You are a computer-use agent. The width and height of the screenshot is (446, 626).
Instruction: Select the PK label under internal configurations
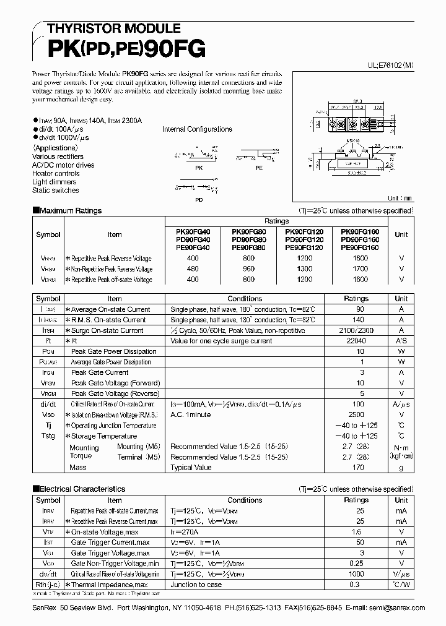click(199, 168)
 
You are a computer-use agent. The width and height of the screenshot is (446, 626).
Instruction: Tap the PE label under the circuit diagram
click(258, 168)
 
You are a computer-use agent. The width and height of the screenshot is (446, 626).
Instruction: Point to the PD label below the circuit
click(199, 200)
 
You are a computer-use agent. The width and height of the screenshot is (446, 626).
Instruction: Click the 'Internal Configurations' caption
click(197, 129)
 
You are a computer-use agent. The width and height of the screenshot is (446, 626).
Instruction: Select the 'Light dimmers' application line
click(55, 182)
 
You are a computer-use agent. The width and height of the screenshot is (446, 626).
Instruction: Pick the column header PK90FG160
click(360, 231)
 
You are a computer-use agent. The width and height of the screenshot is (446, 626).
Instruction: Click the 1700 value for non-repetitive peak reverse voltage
click(360, 269)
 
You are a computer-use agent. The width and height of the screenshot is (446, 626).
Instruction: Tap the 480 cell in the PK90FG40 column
click(194, 269)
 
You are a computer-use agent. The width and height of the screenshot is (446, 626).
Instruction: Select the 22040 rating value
click(356, 341)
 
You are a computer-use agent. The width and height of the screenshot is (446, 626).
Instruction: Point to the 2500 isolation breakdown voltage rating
click(356, 415)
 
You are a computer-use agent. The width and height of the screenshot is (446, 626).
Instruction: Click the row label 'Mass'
click(78, 468)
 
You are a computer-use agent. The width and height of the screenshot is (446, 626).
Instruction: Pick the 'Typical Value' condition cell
click(191, 468)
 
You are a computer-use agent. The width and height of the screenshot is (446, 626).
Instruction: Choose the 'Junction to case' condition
click(196, 585)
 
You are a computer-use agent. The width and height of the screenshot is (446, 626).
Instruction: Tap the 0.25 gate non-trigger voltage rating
click(356, 564)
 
